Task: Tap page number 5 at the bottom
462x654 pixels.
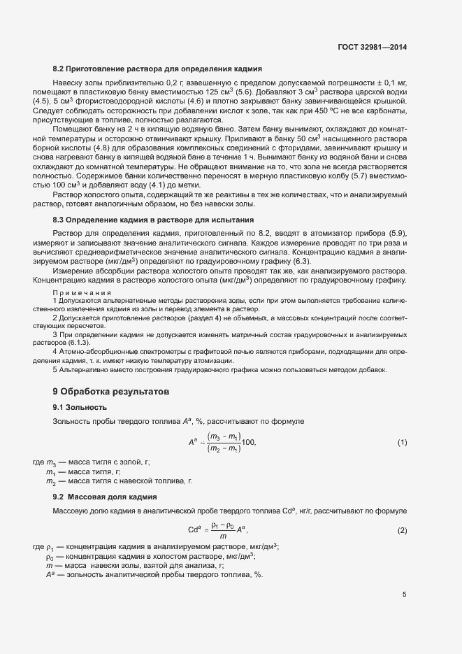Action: (x=404, y=595)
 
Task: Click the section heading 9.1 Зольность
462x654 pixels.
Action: (x=80, y=406)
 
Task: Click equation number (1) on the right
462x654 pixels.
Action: (x=402, y=443)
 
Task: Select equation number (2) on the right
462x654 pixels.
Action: (x=402, y=530)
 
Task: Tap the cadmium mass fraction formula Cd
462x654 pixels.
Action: (x=217, y=530)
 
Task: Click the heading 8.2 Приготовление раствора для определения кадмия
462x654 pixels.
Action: (x=157, y=69)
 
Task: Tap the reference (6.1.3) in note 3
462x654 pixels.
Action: (x=78, y=343)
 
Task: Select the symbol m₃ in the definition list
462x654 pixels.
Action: (x=50, y=463)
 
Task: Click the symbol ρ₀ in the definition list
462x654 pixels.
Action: (x=50, y=556)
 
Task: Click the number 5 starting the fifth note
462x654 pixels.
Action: (x=55, y=369)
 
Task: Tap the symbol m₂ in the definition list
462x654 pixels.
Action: (x=50, y=482)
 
